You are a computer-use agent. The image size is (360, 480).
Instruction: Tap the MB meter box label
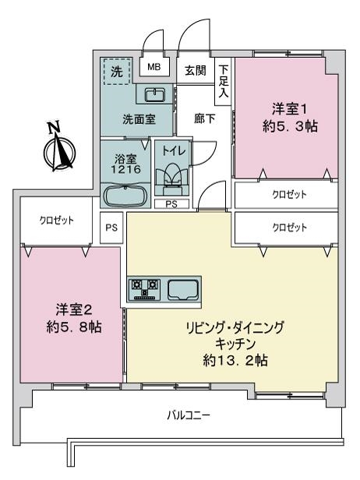point(154,67)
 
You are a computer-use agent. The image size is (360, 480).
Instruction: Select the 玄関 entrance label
point(196,71)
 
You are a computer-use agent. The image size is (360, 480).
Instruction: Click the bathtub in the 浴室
point(126,196)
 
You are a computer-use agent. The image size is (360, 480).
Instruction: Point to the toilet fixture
point(171,181)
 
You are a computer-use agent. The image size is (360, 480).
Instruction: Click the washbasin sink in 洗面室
point(154,94)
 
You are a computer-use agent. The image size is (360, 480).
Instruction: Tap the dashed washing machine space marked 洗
point(117,71)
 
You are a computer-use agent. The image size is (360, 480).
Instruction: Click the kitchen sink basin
point(183,289)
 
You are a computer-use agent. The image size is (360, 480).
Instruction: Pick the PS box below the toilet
point(171,204)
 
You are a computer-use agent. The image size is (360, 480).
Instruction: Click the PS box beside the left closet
point(111,228)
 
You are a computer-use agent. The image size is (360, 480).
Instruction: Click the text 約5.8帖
point(74,327)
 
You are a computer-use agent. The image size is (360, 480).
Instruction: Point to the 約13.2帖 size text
point(235,360)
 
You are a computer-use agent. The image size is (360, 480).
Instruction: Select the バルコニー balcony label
point(189,415)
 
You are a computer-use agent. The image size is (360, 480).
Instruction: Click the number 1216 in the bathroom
point(125,169)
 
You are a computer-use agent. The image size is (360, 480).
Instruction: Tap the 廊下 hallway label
point(204,118)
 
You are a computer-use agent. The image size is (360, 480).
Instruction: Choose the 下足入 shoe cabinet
point(223,81)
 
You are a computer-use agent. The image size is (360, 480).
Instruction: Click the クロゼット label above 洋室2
point(57,220)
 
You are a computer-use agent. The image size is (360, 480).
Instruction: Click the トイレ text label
point(173,150)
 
